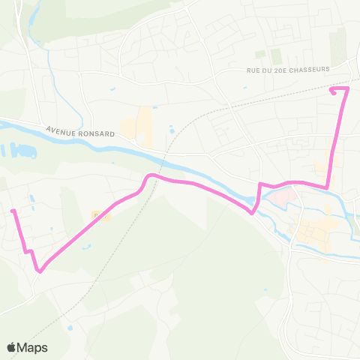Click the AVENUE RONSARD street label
click(x=79, y=133)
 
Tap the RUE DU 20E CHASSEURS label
click(x=288, y=70)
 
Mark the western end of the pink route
click(x=13, y=211)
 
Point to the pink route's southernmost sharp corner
click(x=39, y=271)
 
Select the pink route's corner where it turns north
click(x=327, y=187)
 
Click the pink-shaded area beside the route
click(x=277, y=198)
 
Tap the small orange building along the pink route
click(x=100, y=216)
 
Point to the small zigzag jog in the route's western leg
click(x=29, y=252)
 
